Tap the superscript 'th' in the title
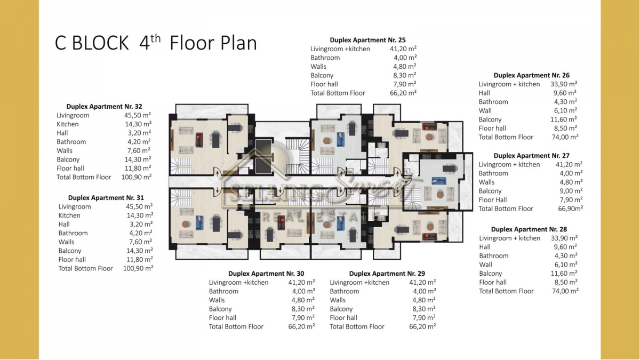155,38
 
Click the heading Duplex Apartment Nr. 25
367,40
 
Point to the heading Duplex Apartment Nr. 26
531,75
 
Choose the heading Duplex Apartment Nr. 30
266,274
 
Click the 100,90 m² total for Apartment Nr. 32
137,177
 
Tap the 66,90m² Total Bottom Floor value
570,209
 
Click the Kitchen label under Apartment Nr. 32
67,124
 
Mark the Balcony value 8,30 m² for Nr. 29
424,309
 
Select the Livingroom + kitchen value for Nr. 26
564,84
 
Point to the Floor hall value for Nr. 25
405,84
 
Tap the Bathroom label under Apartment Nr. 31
73,233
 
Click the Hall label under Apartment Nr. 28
485,247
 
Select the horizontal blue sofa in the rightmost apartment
438,181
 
